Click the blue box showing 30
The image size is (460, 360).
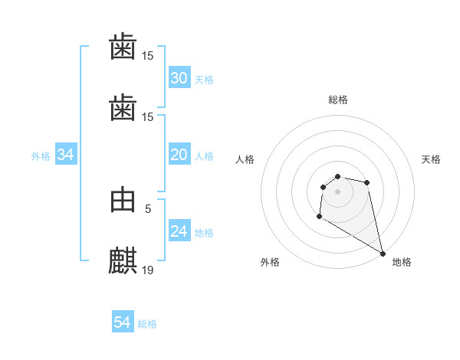[179, 78]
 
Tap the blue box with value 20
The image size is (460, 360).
[179, 155]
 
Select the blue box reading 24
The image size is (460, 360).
[179, 231]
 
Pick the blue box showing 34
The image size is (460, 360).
[66, 155]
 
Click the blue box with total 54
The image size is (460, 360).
[123, 322]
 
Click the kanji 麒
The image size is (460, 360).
[123, 260]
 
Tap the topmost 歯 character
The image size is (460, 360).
[123, 47]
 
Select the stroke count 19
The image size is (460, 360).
[148, 270]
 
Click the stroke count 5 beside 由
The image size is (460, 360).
[148, 208]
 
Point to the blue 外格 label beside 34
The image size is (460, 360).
[41, 156]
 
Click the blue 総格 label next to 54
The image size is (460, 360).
[147, 324]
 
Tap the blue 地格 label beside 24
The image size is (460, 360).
[204, 233]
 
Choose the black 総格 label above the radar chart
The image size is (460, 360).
[338, 100]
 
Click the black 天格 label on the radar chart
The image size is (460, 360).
[431, 159]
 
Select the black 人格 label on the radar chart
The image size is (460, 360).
[245, 159]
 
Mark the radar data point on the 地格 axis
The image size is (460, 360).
[383, 253]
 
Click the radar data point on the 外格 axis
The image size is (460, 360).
[319, 217]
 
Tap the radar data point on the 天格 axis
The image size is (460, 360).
[367, 182]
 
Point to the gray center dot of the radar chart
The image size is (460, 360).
[338, 191]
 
